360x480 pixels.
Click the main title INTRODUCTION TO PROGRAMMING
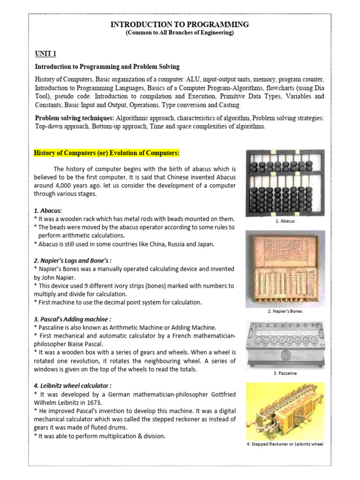click(180, 24)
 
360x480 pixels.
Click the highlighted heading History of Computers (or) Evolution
click(106, 153)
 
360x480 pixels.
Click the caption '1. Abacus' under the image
click(285, 221)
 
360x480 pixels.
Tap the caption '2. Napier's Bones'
click(285, 311)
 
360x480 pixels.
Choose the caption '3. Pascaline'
click(285, 373)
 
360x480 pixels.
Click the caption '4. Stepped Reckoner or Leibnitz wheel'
click(285, 444)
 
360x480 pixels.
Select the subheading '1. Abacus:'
click(48, 211)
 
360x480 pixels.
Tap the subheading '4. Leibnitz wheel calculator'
click(73, 386)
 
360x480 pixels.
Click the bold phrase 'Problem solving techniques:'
click(75, 118)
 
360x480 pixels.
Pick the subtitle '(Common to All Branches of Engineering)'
click(180, 33)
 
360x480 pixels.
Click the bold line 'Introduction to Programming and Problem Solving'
click(107, 67)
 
